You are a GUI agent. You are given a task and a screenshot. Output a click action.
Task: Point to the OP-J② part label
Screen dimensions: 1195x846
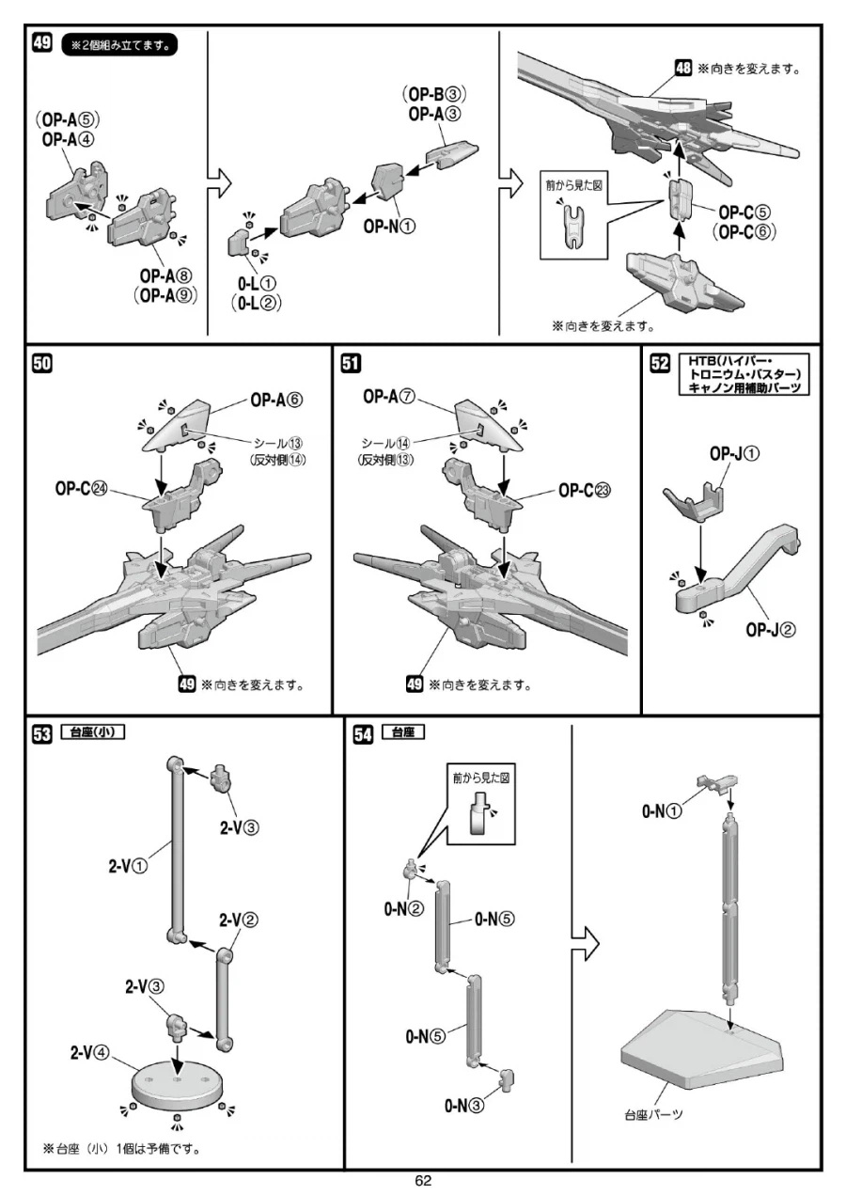coord(771,630)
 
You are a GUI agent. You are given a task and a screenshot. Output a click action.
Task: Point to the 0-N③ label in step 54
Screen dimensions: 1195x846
coord(465,1106)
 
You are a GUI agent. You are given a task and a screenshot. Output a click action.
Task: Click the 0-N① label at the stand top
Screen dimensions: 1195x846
coord(663,811)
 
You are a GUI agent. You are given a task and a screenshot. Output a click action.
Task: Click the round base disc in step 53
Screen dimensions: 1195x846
coord(177,1084)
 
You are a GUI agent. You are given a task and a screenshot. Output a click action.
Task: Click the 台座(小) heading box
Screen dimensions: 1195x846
coord(91,731)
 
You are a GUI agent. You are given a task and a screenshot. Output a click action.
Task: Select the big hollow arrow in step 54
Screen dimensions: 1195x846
coord(585,943)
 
